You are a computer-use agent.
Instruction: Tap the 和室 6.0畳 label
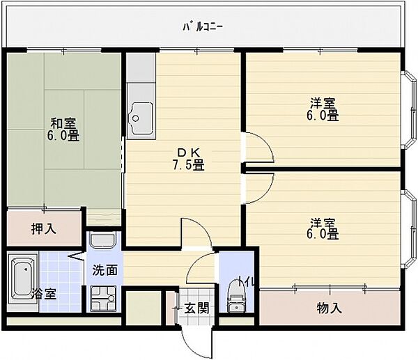click(63, 130)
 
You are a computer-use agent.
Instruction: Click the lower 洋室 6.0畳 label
click(324, 229)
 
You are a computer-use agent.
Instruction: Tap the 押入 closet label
click(43, 228)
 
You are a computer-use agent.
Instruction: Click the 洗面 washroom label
click(104, 269)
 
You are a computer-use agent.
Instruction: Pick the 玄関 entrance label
click(196, 307)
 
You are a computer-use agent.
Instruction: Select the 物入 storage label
click(328, 306)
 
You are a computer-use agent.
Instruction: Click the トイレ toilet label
click(249, 281)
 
